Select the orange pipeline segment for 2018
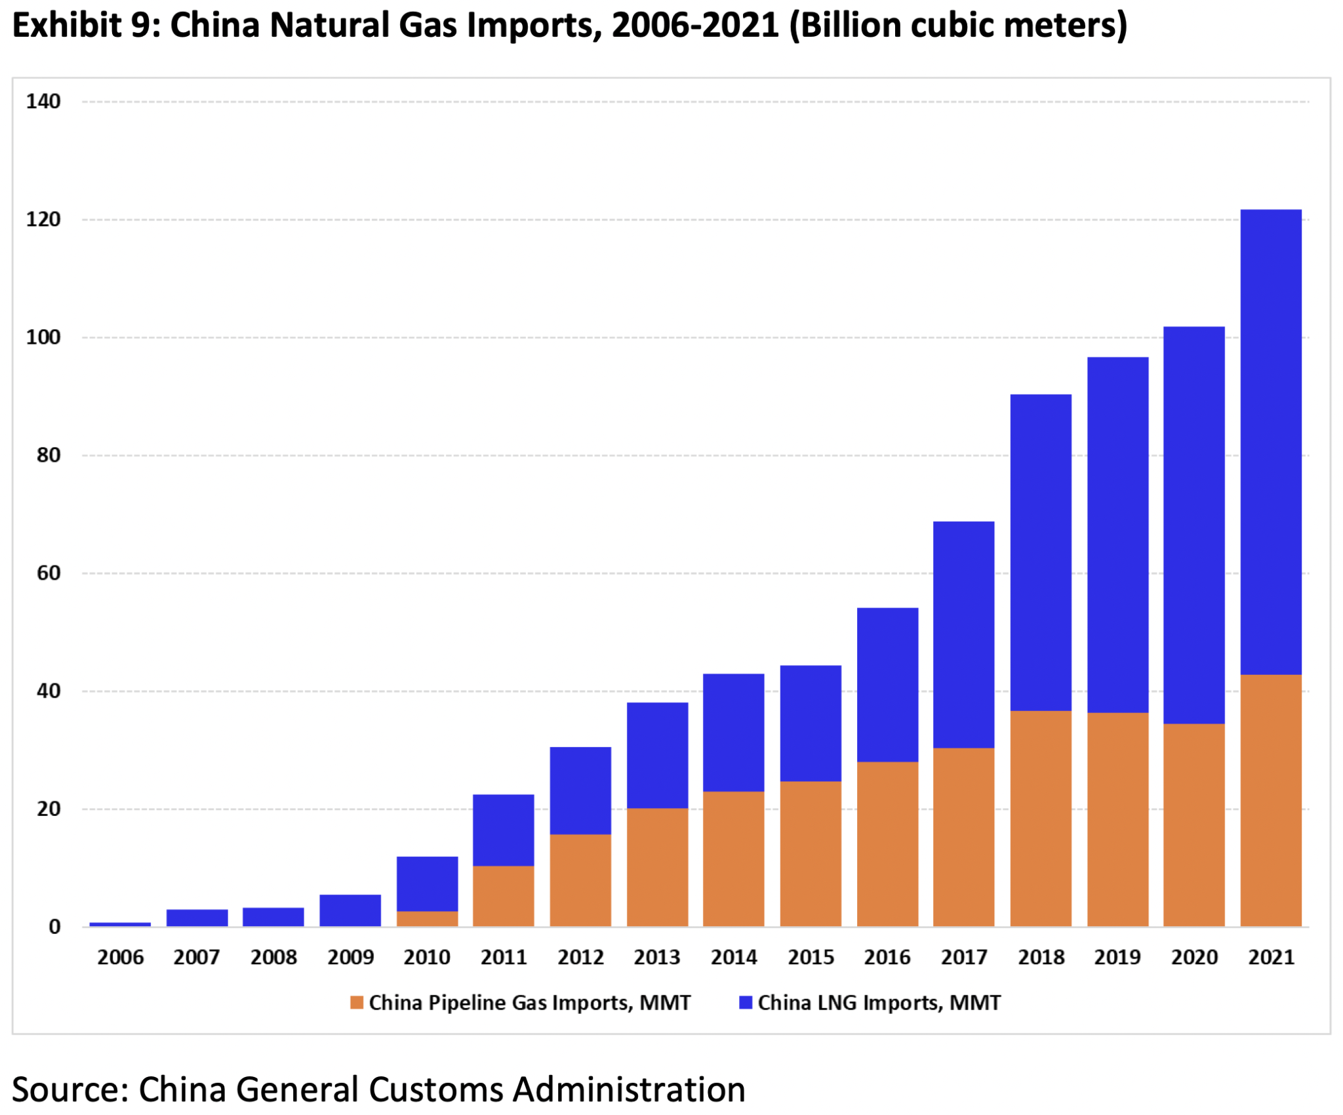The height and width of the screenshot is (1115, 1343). point(1040,818)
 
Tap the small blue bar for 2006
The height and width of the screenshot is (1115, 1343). point(120,924)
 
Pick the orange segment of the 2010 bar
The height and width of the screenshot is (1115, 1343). point(427,918)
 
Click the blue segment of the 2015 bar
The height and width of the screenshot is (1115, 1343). point(810,723)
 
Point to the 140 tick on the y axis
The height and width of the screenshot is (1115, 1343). point(43,102)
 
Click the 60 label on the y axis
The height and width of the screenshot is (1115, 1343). point(49,573)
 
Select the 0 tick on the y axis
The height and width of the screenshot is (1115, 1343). point(54,927)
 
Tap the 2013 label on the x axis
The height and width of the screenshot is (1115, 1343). point(656,957)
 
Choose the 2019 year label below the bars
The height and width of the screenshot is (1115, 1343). point(1117,957)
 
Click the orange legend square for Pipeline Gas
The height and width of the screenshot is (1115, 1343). point(357,1002)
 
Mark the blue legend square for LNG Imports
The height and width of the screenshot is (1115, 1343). point(745,1002)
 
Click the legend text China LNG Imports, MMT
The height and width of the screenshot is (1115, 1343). point(879,1002)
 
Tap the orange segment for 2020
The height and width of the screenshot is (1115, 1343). point(1193,824)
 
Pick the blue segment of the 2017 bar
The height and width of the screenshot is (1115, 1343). point(963,634)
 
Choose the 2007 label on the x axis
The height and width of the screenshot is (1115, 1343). point(196,957)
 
